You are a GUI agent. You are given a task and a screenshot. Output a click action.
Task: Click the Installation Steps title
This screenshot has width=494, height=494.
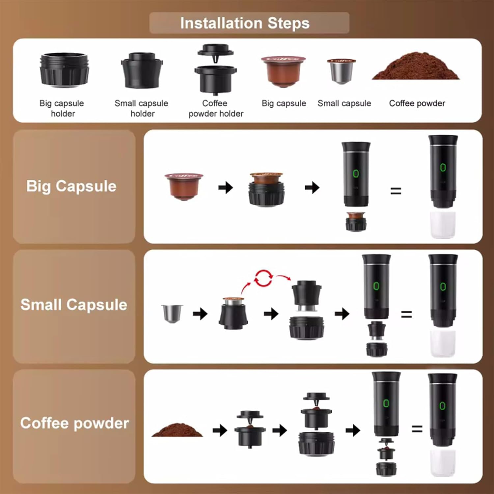tap(245, 23)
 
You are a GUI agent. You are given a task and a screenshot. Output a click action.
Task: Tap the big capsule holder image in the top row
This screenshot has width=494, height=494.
tap(64, 70)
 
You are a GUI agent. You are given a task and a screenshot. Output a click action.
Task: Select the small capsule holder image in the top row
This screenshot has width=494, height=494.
tap(142, 71)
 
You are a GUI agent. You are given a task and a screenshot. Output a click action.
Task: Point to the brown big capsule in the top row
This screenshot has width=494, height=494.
tap(284, 71)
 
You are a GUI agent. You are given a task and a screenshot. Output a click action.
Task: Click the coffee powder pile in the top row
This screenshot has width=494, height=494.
tap(416, 67)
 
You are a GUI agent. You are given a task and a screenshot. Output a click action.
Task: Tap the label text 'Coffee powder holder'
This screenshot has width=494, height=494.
tap(216, 108)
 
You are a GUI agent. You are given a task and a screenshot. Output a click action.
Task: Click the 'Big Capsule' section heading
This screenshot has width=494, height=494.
tap(71, 186)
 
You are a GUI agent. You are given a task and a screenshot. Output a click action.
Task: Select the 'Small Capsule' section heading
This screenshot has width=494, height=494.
tap(74, 305)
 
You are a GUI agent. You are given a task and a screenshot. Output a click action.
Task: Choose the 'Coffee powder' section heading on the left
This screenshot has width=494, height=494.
tap(74, 423)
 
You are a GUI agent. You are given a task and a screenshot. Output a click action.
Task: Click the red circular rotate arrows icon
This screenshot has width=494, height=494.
tap(263, 278)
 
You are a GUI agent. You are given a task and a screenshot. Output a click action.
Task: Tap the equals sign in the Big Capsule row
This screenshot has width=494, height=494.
tap(396, 191)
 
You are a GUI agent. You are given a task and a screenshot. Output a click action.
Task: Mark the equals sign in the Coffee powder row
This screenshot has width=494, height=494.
tap(417, 429)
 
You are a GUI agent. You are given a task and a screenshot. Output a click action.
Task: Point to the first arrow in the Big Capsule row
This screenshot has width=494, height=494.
tap(226, 188)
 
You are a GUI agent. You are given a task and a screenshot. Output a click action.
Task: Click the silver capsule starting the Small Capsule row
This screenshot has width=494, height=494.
tap(172, 313)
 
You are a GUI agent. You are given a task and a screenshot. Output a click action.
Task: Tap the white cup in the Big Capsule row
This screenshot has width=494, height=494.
tap(443, 225)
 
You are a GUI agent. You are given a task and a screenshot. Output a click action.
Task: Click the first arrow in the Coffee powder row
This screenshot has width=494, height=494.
tap(220, 430)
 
